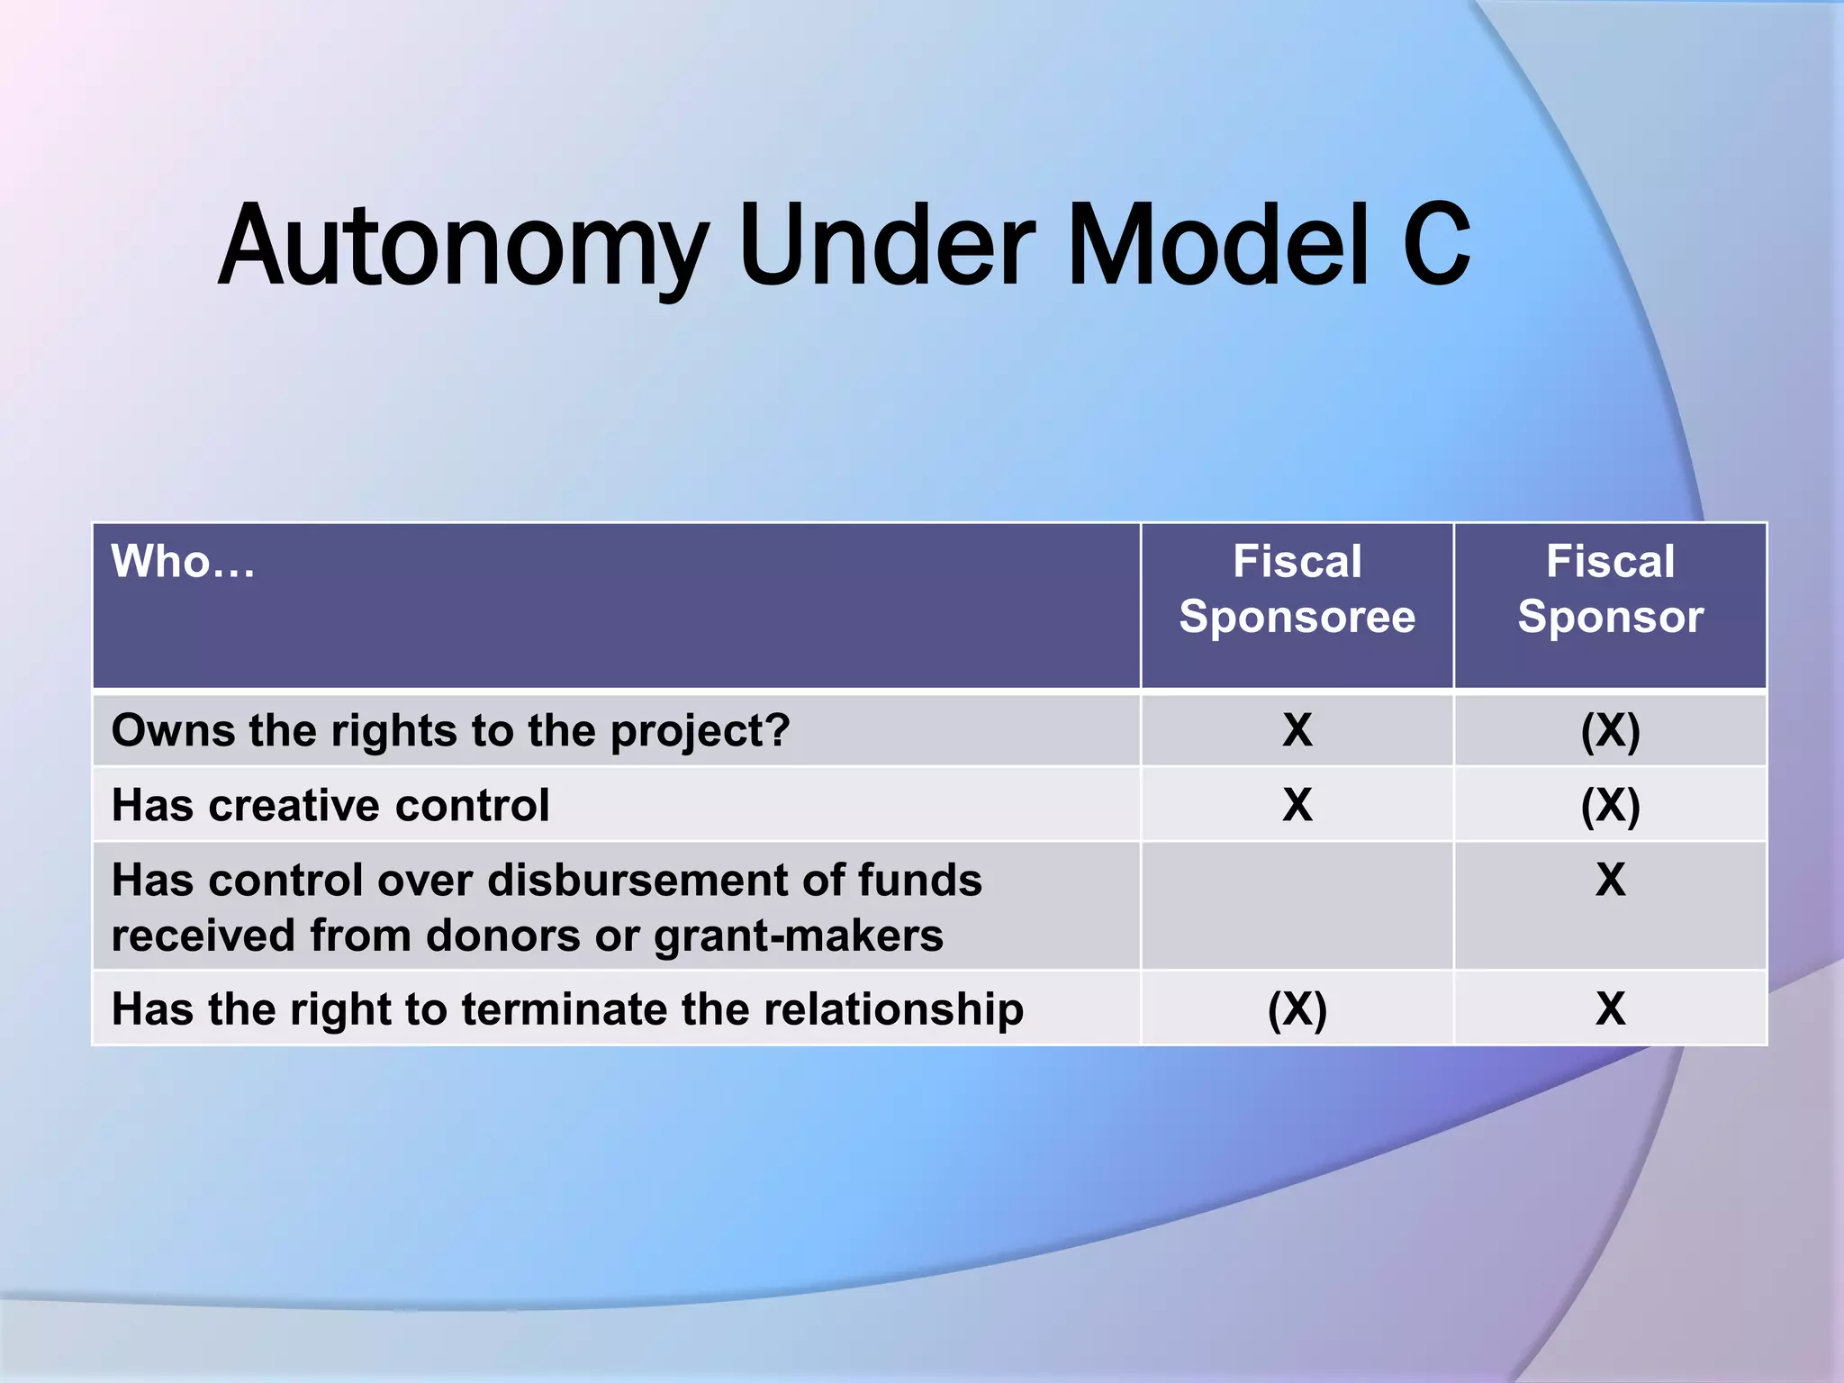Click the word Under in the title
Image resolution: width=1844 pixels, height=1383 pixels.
click(886, 244)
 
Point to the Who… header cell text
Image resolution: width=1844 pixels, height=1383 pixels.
click(183, 561)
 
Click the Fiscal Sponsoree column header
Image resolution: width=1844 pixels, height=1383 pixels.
click(1297, 589)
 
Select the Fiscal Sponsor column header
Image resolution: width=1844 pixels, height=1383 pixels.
click(1610, 589)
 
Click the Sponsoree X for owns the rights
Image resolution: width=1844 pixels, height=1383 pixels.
click(1297, 729)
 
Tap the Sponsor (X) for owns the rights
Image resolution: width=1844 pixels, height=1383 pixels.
click(1610, 730)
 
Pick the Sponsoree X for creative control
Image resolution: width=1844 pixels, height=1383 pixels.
click(1297, 805)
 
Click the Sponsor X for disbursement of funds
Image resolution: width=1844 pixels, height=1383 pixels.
click(1610, 880)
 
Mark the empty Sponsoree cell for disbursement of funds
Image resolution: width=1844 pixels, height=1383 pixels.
click(1297, 906)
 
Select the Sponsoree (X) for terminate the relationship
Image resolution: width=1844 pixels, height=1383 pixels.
click(1297, 1009)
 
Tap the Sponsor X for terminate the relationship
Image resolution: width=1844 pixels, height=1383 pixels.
click(1610, 1008)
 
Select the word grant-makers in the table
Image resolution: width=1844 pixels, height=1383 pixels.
click(798, 936)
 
